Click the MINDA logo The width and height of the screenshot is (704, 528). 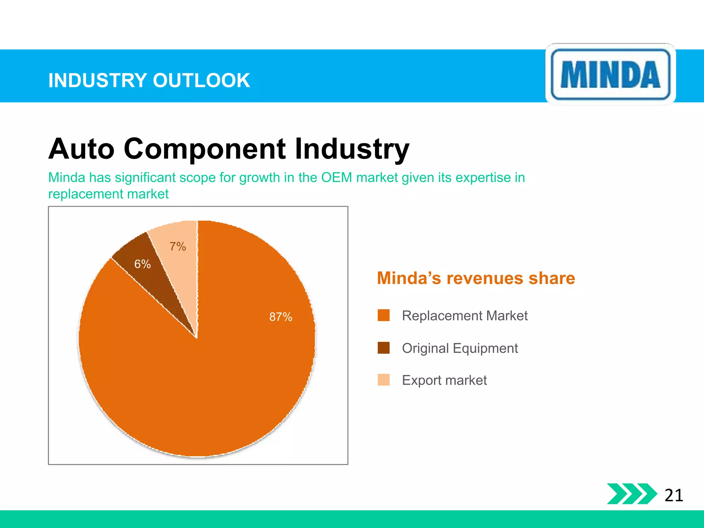click(610, 74)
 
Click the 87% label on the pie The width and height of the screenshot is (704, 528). click(280, 317)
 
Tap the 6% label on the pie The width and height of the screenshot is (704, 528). click(142, 264)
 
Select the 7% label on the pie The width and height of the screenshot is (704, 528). click(178, 246)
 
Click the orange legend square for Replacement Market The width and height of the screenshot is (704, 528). click(383, 315)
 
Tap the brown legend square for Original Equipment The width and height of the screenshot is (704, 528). click(383, 348)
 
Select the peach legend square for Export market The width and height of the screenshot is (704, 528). click(383, 380)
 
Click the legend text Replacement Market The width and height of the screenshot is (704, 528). click(465, 316)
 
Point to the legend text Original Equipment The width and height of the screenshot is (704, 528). click(460, 348)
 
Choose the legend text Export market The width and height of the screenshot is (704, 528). click(444, 380)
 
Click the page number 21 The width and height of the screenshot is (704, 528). click(674, 495)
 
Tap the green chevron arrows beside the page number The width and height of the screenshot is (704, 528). click(631, 494)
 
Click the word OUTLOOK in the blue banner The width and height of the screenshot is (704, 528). click(201, 80)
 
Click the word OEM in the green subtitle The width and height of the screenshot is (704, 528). click(337, 177)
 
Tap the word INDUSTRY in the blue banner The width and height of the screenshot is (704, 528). click(98, 80)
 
